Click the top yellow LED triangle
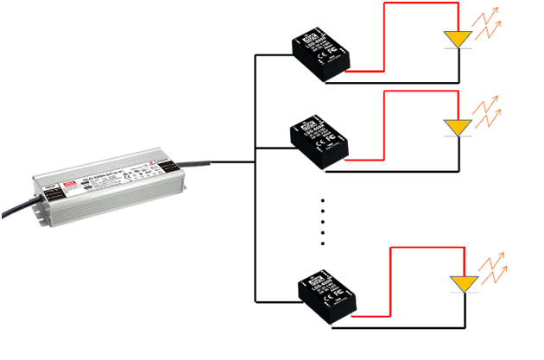point(457,40)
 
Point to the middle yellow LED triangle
point(457,127)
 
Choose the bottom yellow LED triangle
point(464,283)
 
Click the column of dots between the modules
point(322,220)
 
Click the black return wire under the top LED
point(406,83)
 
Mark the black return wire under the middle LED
point(406,171)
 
